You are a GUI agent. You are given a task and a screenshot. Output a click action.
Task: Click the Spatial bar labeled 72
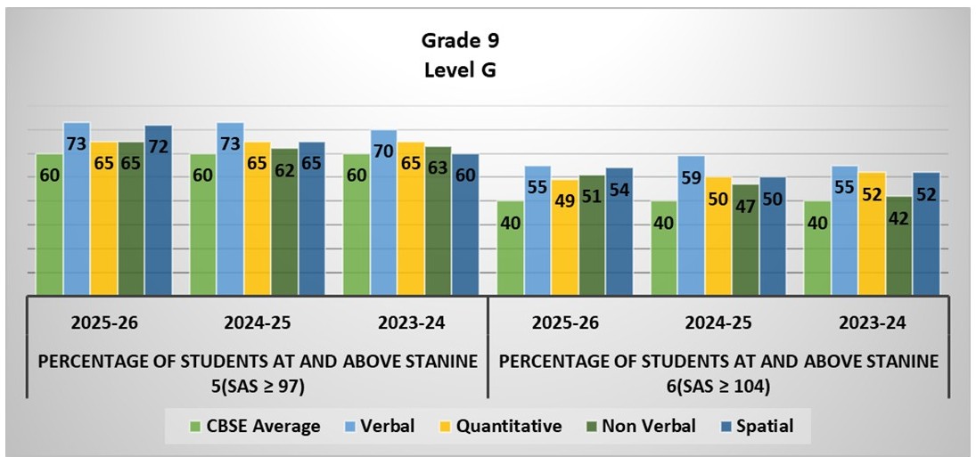[159, 209]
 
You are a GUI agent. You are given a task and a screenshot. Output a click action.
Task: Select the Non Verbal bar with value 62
[285, 221]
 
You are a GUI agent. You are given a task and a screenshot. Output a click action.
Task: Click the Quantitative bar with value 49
[565, 237]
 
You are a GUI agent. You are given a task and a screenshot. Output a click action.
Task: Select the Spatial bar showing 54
[619, 231]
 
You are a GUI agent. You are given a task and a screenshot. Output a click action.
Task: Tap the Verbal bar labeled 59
[691, 224]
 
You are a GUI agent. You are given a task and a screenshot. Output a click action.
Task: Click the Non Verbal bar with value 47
[746, 239]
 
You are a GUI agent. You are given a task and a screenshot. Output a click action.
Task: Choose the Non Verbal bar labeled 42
[899, 245]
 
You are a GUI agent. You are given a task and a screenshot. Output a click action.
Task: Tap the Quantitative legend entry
[497, 427]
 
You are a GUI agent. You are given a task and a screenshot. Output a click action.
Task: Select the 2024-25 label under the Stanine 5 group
[258, 322]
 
